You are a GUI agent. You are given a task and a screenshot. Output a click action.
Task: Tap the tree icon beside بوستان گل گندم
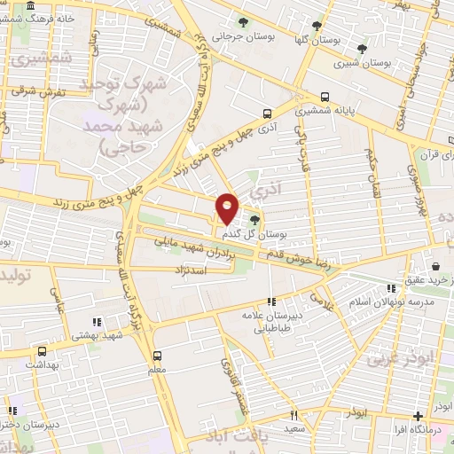pos(255,220)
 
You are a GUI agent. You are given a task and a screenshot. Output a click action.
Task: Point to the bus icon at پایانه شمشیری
pos(325,98)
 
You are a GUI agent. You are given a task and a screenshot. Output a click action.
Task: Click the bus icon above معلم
pos(157,354)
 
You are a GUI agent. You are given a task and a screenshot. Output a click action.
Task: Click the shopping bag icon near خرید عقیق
pos(435,266)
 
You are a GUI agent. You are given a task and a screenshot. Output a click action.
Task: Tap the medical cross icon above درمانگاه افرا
pos(418,416)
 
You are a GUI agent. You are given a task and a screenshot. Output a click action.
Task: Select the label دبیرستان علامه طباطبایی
pos(266,320)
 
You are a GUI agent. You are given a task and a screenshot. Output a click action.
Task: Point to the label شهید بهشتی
pos(98,336)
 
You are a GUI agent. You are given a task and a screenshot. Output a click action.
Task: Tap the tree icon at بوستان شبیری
pos(361,49)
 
